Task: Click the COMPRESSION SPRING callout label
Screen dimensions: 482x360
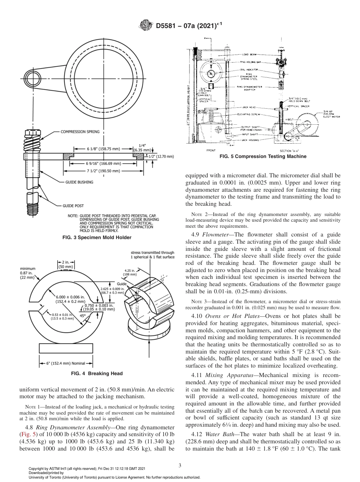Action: (x=80, y=132)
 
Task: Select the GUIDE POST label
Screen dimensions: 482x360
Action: (x=73, y=206)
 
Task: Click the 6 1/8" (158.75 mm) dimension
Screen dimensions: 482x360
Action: (x=97, y=149)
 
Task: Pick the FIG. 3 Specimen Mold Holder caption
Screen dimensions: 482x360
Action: (x=97, y=238)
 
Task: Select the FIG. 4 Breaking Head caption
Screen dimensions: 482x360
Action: (x=97, y=374)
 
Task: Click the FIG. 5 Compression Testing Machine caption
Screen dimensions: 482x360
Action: (x=263, y=156)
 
